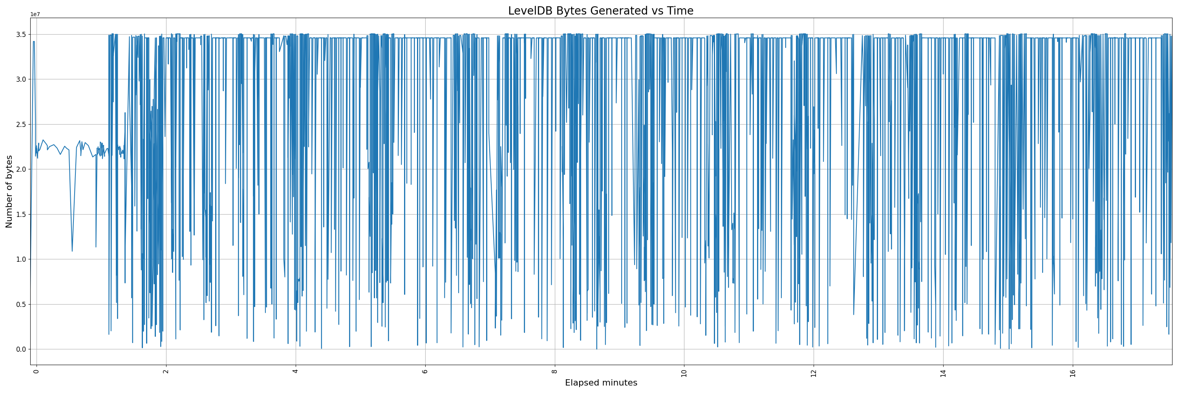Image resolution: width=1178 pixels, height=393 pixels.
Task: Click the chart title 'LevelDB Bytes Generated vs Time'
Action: click(600, 11)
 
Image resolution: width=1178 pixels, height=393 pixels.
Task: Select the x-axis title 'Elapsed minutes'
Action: click(600, 383)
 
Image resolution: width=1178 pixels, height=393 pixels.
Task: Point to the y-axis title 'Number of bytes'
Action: click(9, 191)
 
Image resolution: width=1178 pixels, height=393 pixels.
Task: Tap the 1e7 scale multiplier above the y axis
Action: click(35, 15)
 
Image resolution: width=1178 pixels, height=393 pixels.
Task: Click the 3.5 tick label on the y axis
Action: click(21, 34)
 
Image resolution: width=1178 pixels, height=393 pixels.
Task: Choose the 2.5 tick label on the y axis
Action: click(21, 125)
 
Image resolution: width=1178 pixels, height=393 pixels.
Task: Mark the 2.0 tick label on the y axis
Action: click(21, 169)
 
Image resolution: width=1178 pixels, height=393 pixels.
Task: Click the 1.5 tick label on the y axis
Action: click(21, 215)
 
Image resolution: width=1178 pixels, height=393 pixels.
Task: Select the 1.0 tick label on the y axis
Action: click(21, 259)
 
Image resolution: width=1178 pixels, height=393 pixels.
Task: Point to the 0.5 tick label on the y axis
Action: click(21, 304)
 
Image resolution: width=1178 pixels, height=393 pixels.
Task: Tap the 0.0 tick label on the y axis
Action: click(21, 349)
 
